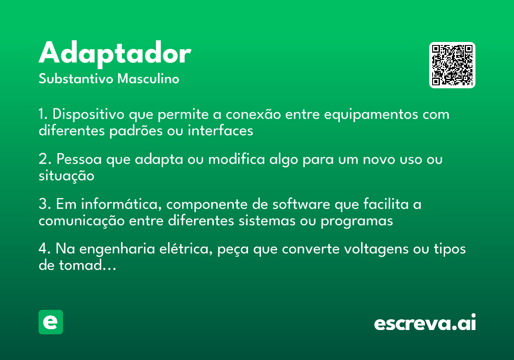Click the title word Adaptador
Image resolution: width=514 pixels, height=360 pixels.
tap(115, 54)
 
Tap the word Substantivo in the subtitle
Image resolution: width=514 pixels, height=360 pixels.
tap(76, 78)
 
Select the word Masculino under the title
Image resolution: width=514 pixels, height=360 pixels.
tap(148, 78)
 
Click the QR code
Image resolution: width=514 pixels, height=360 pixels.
tap(452, 65)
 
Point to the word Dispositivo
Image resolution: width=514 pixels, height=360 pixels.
tap(89, 114)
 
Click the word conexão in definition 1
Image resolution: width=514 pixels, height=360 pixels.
tap(253, 114)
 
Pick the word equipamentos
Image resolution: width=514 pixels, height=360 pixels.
tap(371, 114)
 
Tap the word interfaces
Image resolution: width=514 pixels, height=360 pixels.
tap(221, 130)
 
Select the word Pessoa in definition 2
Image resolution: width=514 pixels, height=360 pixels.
tap(79, 159)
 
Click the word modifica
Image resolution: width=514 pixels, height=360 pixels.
tap(236, 159)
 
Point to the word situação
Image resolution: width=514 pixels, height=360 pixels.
tap(66, 176)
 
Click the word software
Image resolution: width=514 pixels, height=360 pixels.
tap(301, 204)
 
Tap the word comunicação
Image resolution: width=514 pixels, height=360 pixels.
tap(81, 221)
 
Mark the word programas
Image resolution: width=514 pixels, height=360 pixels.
tap(357, 221)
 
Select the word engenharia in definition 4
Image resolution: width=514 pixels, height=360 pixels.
tap(117, 249)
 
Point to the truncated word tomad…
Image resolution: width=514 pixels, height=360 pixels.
tap(88, 265)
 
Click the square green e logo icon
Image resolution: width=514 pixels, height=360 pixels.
tap(51, 322)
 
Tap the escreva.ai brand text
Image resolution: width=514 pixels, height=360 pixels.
tap(425, 322)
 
